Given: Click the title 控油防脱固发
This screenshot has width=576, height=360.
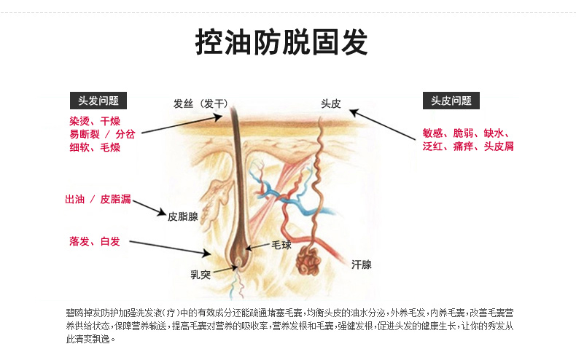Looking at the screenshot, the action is click(x=282, y=42).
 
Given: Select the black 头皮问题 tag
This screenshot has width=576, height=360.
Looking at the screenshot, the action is click(x=451, y=101).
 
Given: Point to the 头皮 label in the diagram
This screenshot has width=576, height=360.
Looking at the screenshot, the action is click(x=331, y=103).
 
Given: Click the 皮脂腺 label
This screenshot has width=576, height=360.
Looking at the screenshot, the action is click(x=183, y=216).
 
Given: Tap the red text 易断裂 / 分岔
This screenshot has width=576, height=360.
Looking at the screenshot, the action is click(x=102, y=133).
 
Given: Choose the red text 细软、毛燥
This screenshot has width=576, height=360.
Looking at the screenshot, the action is click(x=95, y=146).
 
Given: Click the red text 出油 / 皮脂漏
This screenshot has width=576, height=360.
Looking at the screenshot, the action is click(x=98, y=199).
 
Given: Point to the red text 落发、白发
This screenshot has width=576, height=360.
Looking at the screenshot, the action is click(x=95, y=241).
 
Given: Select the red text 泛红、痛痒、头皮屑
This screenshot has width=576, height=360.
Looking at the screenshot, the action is click(x=468, y=146).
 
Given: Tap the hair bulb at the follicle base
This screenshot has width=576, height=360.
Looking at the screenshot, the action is click(x=238, y=255).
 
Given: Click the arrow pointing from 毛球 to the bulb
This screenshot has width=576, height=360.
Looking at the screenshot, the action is click(x=258, y=247).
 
